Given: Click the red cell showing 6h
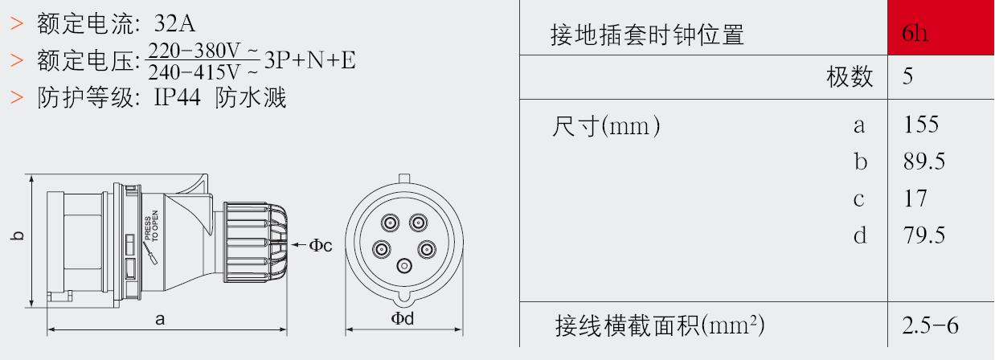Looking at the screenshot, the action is pos(940,27).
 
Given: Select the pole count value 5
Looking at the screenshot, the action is pos(907,76).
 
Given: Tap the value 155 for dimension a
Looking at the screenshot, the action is pos(921,125).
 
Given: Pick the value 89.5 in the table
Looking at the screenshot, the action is pos(924,162).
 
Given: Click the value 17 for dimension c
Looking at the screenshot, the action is pos(915,198).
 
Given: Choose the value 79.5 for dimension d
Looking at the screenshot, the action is pos(924,235).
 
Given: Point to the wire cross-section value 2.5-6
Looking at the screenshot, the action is pos(930,325).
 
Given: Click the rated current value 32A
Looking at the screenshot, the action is pos(174,23).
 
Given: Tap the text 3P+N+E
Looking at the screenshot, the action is pos(310,60).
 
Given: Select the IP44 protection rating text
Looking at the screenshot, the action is pos(178,96).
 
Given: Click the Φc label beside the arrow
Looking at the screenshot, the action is pos(320,245).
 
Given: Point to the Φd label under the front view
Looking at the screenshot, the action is pos(403,318).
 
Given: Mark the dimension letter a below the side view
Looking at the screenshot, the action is pos(160,319).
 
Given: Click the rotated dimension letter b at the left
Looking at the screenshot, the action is pos(16,235).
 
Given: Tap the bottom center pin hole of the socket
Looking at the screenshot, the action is pos(404,266).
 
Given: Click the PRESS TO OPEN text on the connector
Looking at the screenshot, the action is pos(151,226).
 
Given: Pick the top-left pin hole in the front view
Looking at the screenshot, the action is pos(390,222).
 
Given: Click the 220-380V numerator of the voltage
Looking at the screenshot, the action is pos(203,51).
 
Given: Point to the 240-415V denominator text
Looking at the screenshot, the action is pos(203,72).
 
